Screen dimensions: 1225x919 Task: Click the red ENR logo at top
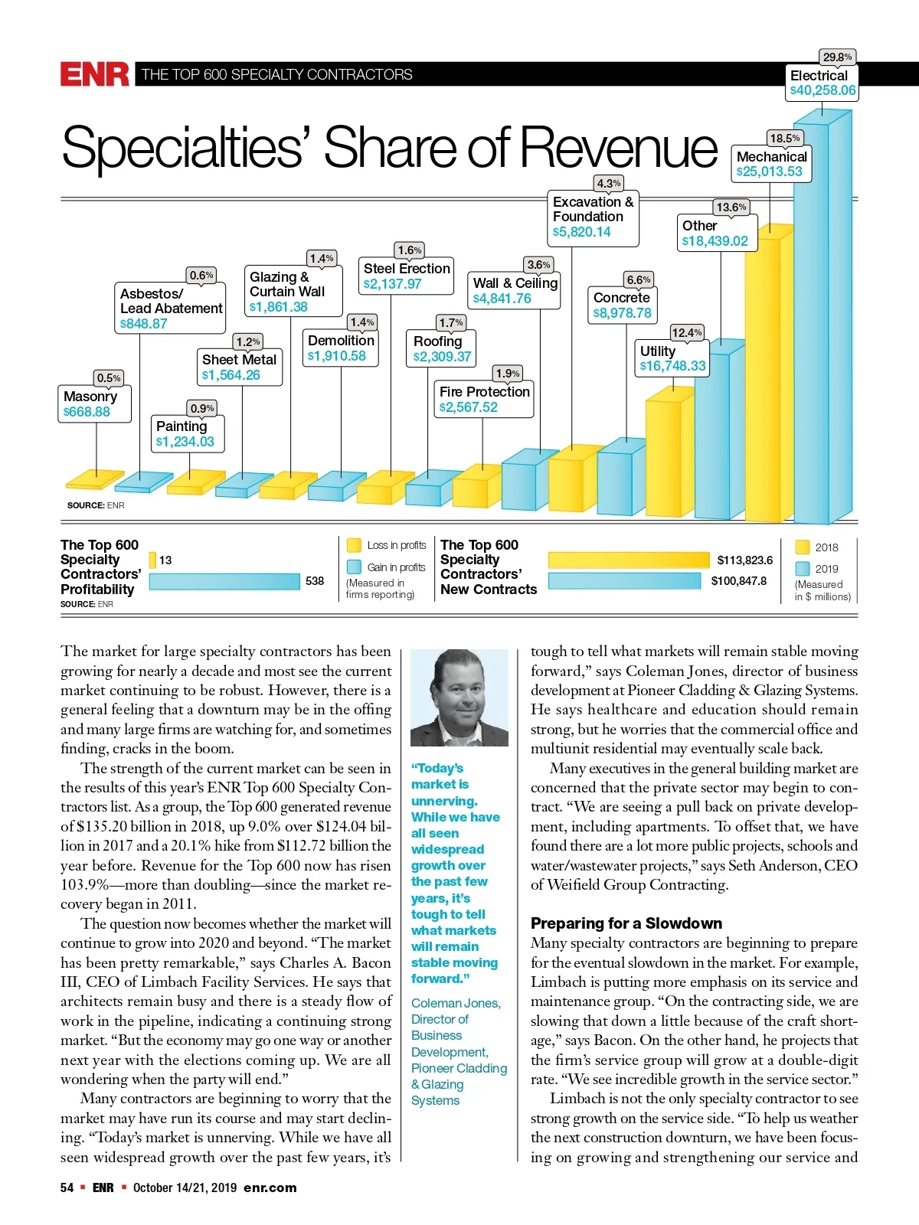coord(95,74)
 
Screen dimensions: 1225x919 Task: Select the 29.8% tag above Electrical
coord(837,57)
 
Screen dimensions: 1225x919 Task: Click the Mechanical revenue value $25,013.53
coord(769,171)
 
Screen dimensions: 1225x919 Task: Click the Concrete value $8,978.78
coord(622,313)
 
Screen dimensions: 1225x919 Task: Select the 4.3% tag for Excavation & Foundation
coord(609,184)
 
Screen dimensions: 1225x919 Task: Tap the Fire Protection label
coord(484,392)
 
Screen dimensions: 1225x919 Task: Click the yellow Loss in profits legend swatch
coord(354,545)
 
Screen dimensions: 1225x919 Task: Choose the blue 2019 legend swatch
coord(803,568)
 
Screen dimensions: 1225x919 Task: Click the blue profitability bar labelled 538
coord(224,581)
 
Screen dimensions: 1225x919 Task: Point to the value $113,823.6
coord(744,560)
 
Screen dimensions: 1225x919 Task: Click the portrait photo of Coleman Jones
coord(459,697)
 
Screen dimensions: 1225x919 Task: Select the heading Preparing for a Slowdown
coord(626,923)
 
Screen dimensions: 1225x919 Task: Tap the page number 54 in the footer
coord(67,1187)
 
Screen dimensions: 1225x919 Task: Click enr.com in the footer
coord(270,1187)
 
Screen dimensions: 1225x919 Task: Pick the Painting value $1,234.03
coord(185,442)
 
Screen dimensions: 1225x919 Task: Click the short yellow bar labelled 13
coord(152,560)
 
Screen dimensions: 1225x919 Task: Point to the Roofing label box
coord(443,348)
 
